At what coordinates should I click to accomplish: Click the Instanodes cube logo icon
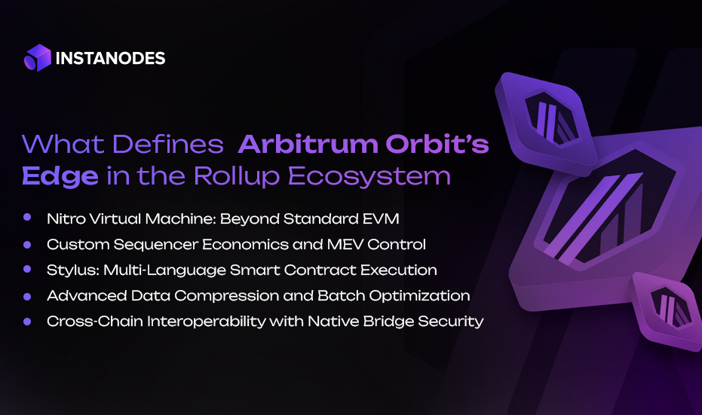tap(37, 58)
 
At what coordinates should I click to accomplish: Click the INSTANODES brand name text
tap(111, 58)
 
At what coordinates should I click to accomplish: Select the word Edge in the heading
tap(60, 175)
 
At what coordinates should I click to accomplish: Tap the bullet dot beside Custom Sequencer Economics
tap(28, 244)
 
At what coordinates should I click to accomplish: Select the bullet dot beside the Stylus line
tap(28, 269)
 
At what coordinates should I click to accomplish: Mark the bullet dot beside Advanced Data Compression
tap(28, 295)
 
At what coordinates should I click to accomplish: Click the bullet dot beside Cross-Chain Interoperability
tap(28, 321)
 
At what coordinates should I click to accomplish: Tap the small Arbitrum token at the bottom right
tap(666, 309)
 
